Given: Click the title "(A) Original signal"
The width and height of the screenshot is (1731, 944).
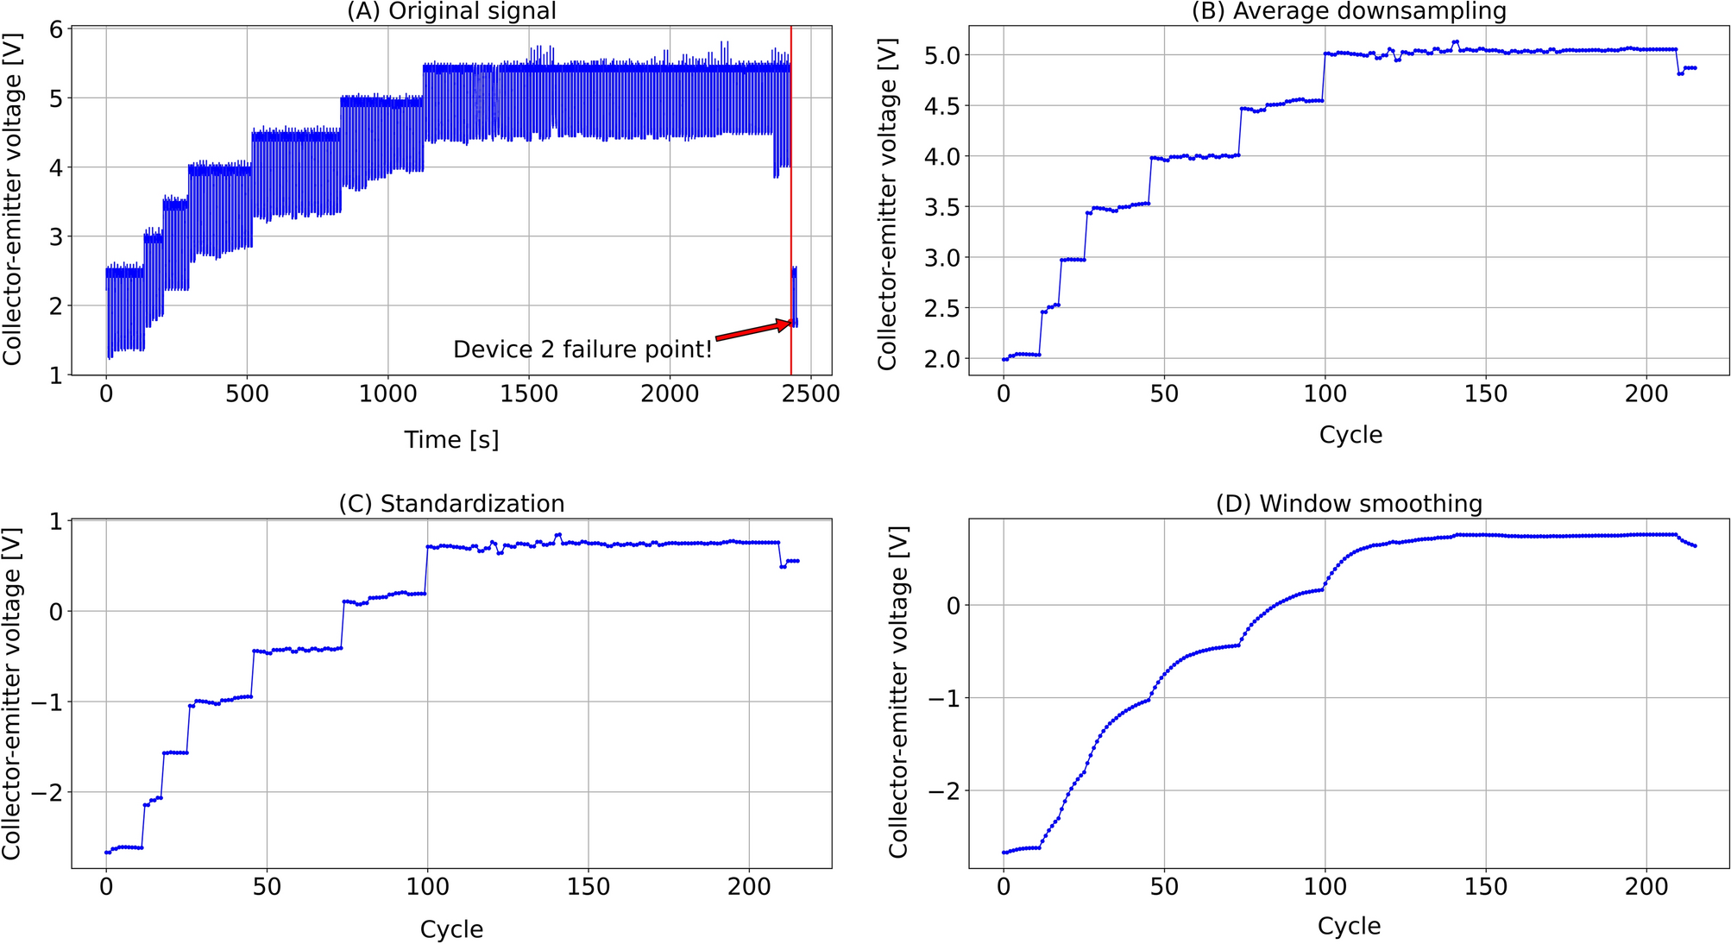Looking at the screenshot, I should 451,11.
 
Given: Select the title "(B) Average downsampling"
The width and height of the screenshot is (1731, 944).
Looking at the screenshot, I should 1349,11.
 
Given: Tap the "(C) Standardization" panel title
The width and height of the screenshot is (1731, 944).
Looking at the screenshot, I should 451,503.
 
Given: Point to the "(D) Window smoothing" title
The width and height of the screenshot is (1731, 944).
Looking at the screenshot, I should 1349,503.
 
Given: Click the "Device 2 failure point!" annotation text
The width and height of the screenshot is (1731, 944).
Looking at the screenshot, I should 582,349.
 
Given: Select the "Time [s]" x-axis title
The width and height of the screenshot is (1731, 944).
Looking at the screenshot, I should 451,440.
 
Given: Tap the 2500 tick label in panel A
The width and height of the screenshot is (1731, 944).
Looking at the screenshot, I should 811,394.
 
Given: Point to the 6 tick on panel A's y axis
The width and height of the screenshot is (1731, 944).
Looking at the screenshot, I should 56,29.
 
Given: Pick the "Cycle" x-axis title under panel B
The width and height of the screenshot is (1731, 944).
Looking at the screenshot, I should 1350,434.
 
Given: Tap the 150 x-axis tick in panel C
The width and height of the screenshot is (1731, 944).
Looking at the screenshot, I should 588,887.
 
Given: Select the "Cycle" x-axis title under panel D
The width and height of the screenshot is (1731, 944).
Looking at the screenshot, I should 1349,926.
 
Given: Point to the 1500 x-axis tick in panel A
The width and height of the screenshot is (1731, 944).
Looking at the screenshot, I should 529,394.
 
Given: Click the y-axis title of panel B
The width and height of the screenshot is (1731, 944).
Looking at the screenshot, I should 887,204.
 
